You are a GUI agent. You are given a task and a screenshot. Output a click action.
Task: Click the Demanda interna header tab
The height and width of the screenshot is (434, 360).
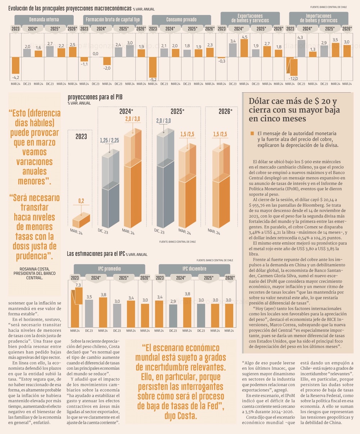coord(44,19)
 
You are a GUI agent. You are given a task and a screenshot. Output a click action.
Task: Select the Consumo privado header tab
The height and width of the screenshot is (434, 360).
coord(181,19)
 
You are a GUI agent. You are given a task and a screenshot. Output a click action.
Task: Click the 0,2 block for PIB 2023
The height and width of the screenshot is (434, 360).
coord(81,219)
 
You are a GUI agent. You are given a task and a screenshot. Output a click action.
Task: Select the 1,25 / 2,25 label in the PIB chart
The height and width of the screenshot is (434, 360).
coord(109,140)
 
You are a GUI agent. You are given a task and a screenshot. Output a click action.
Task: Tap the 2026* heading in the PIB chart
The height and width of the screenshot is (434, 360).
coord(225,112)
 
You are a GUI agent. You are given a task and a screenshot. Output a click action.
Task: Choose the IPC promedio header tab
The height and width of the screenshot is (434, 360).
coord(109,269)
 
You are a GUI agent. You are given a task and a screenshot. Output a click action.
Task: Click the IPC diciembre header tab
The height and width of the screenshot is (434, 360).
coord(194,269)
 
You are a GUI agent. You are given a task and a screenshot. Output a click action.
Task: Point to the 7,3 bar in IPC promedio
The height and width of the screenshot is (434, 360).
coord(76,306)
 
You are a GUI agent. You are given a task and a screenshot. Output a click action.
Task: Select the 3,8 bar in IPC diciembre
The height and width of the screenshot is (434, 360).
coord(187,312)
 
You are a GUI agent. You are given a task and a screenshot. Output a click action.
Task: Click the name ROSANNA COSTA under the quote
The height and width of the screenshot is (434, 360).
coord(35,269)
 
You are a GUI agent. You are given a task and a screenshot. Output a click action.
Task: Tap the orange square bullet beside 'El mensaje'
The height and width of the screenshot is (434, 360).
coord(252,134)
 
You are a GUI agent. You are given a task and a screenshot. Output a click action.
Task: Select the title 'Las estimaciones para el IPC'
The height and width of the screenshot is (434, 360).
coord(96,254)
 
